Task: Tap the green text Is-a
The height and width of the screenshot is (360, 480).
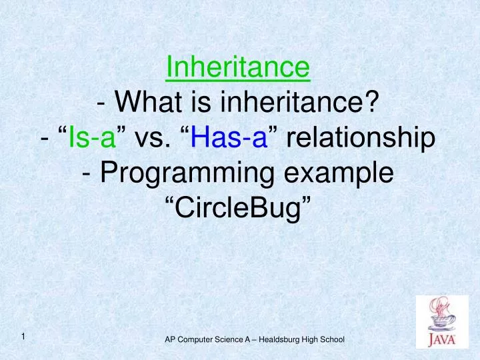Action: (88, 139)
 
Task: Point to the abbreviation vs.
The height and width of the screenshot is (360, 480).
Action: (153, 139)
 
